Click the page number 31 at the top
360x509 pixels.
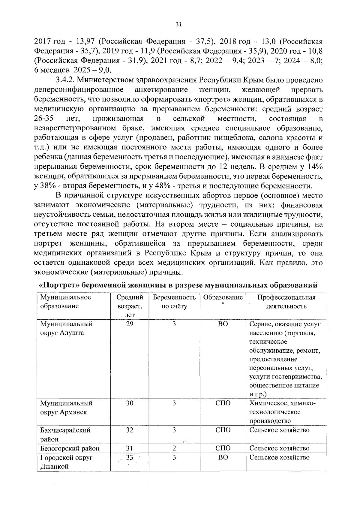(178, 25)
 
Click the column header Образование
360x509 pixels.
(223, 297)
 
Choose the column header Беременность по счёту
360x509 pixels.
(174, 302)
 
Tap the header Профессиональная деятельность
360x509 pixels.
(286, 302)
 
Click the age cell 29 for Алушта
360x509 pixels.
(130, 324)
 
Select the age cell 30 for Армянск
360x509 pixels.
(130, 403)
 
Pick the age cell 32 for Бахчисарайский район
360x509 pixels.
(130, 430)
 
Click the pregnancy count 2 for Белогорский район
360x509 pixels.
(174, 448)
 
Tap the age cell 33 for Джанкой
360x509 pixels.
(130, 458)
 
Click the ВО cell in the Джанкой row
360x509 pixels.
(223, 458)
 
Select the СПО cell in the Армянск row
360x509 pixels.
(223, 403)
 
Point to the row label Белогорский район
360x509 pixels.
(70, 448)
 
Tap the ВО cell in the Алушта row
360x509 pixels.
(223, 324)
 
